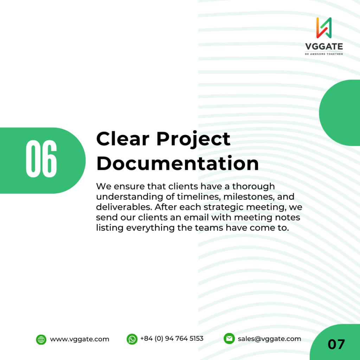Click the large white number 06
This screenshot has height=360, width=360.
tap(41, 159)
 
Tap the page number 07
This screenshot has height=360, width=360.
tap(336, 345)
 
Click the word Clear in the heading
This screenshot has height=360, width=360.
tap(123, 139)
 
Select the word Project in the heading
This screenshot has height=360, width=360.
tap(193, 140)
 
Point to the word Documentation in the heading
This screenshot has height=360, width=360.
tap(178, 163)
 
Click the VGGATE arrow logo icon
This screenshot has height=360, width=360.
tap(324, 28)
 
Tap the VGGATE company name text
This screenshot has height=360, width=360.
tap(324, 47)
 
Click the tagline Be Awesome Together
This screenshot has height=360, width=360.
tap(324, 54)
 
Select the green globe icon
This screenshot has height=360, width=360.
tap(41, 340)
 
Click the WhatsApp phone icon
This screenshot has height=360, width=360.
tap(132, 339)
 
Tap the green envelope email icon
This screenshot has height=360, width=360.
tap(229, 339)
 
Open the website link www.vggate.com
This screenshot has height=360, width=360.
tap(79, 339)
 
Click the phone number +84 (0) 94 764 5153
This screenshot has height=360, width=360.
tap(172, 339)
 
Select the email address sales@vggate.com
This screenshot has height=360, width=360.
tap(269, 339)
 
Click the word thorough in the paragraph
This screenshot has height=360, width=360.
tap(253, 186)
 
